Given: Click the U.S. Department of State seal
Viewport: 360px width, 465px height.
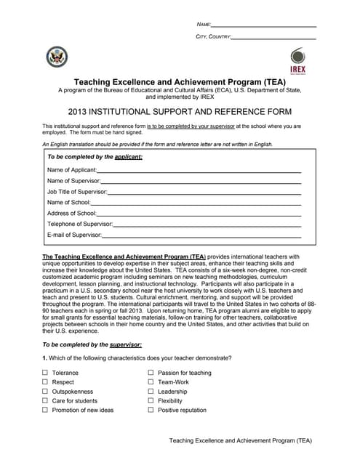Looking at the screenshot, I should (56, 57).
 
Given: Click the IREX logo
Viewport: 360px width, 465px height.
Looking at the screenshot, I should (298, 60).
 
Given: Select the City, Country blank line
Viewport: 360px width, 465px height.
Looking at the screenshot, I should (273, 38).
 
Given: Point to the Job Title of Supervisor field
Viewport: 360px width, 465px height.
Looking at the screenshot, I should (204, 194).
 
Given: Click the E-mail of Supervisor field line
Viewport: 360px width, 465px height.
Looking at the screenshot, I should (201, 238).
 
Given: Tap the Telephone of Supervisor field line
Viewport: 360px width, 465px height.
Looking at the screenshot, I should (207, 227).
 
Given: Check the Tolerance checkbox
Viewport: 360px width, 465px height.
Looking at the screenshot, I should (45, 373).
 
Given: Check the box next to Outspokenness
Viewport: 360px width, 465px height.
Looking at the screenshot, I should (45, 392).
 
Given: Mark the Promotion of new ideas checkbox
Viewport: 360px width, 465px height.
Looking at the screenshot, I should (45, 411).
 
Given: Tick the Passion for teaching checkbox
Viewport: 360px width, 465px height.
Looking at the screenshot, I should (151, 373).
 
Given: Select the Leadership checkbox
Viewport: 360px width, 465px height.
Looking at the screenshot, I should (151, 392).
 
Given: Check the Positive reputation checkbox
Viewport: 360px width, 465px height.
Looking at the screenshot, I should (151, 411).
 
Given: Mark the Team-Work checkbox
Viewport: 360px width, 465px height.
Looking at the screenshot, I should (151, 382).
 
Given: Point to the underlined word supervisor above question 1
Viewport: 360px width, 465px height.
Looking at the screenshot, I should (125, 344).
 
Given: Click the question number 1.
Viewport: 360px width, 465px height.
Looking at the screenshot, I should (44, 358).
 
